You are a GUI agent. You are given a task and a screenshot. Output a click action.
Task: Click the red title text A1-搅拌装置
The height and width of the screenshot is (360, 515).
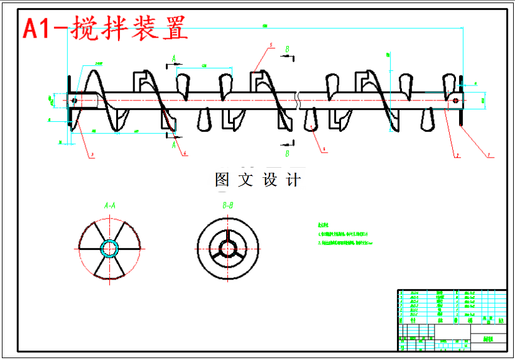(x=104, y=28)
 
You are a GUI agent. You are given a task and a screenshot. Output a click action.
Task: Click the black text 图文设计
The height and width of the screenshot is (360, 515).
(x=257, y=180)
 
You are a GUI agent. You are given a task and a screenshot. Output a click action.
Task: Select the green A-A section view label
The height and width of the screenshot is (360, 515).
(x=109, y=205)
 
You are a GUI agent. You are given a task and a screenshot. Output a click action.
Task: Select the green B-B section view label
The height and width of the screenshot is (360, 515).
(x=227, y=205)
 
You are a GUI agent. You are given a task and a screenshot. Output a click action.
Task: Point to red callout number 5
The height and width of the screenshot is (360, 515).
(x=270, y=46)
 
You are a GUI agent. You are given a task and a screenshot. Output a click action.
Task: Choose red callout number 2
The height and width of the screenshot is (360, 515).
(x=457, y=155)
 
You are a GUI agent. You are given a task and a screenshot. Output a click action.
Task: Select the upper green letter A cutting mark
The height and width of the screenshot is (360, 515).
(x=174, y=58)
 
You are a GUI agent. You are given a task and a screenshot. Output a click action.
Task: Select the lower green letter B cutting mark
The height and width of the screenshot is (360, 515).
(x=287, y=153)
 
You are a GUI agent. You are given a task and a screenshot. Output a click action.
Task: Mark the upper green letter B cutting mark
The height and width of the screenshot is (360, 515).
(x=287, y=48)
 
